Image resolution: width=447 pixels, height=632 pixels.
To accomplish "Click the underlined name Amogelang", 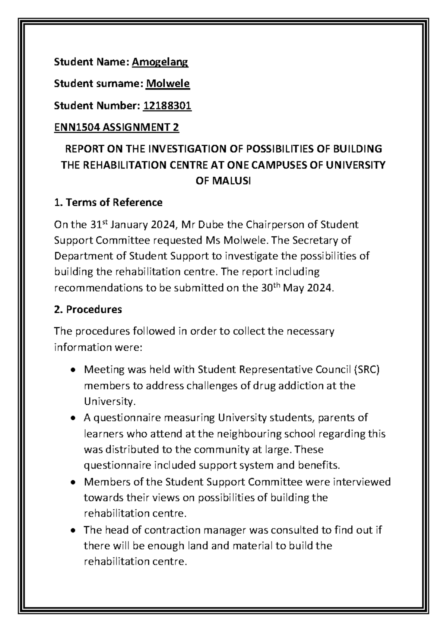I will [160, 62].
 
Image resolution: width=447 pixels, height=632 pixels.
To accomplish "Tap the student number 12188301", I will [167, 106].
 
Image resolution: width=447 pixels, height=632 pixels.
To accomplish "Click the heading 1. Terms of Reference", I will [108, 203].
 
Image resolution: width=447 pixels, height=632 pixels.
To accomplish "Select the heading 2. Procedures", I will [88, 310].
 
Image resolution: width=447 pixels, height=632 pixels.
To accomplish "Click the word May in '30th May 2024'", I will [294, 288].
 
